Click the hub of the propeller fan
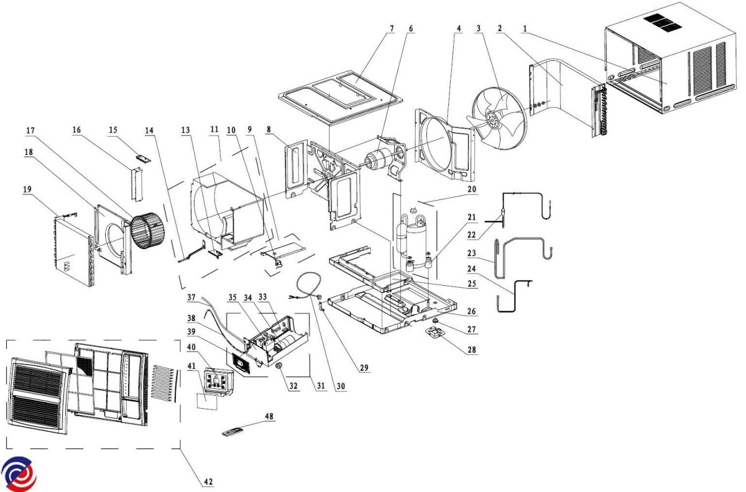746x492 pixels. pyautogui.click(x=494, y=115)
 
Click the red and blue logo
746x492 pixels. pyautogui.click(x=19, y=474)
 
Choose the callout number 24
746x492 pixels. pyautogui.click(x=472, y=270)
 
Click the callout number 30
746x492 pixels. pyautogui.click(x=340, y=385)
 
